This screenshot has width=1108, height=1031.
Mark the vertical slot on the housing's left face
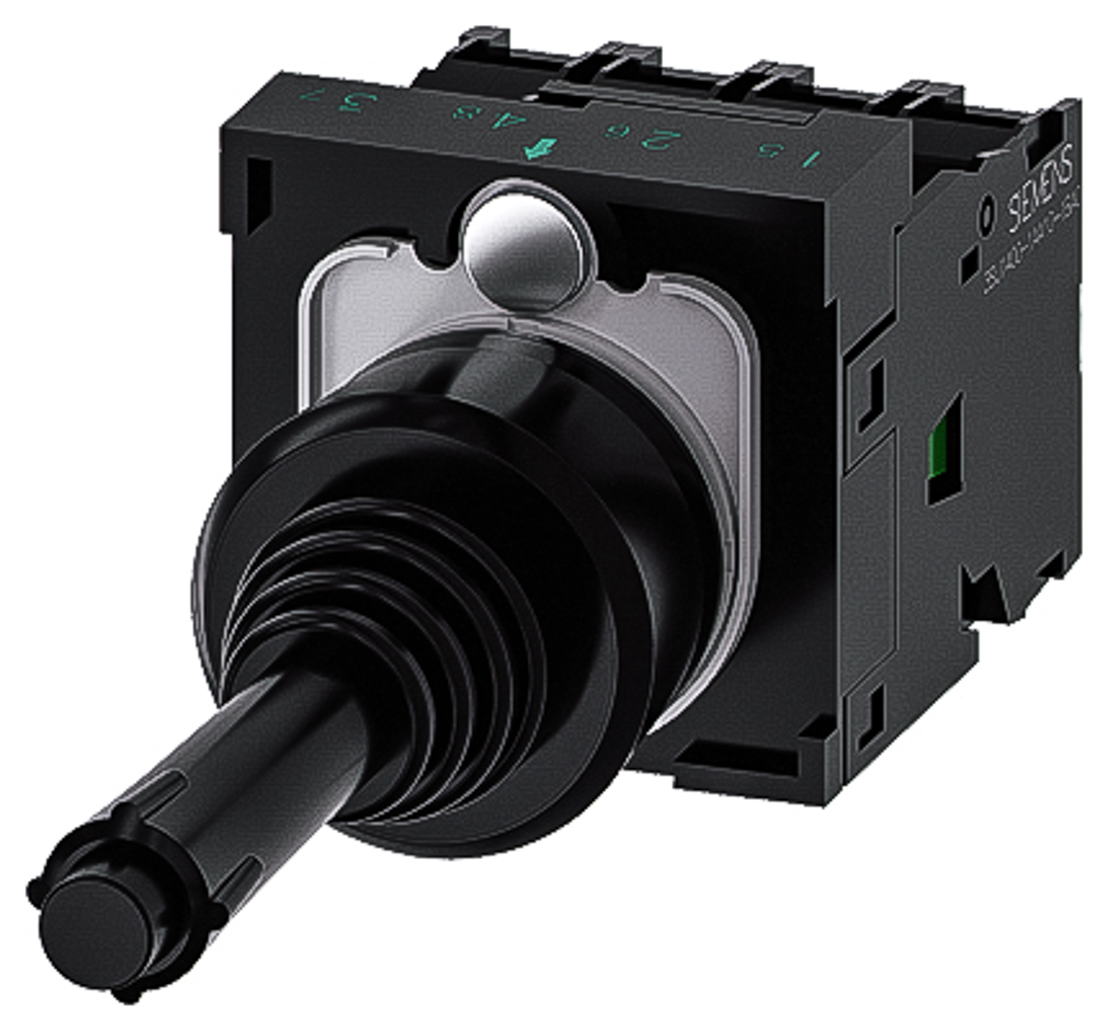[x=261, y=188]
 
